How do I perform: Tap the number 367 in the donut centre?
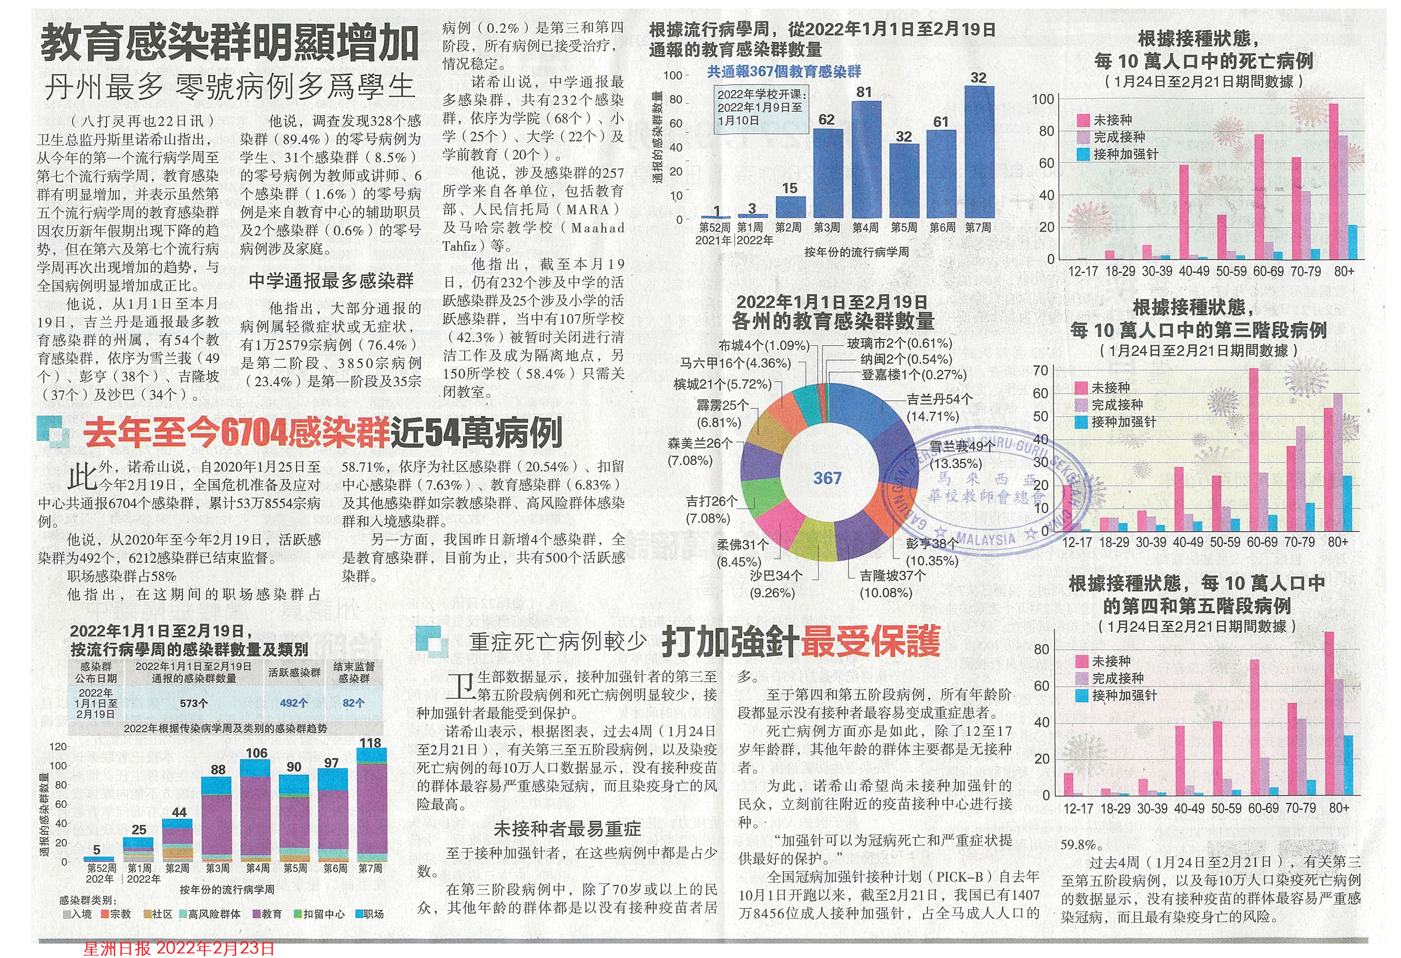point(826,478)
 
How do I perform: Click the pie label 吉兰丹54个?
point(939,399)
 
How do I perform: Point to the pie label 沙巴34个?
point(776,576)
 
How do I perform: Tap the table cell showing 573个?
point(193,703)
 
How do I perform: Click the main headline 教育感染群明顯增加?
point(229,44)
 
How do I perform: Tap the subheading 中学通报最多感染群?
point(331,281)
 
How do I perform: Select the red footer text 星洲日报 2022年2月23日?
point(179,949)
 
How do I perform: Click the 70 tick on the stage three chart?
point(1040,370)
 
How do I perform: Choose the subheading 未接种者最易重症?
point(567,830)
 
